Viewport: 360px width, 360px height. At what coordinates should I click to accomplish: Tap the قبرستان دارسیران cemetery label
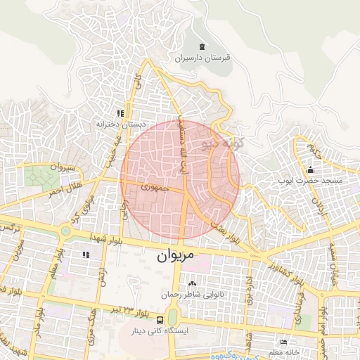[x=202, y=60]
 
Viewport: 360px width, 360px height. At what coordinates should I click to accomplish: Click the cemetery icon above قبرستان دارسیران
[x=202, y=47]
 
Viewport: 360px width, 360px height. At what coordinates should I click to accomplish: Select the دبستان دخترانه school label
[x=115, y=124]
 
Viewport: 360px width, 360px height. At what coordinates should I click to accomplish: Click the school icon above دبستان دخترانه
[x=121, y=112]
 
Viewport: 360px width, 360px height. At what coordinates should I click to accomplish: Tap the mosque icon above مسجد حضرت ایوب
[x=310, y=169]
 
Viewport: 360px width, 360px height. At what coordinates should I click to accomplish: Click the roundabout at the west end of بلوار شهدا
[x=65, y=230]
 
